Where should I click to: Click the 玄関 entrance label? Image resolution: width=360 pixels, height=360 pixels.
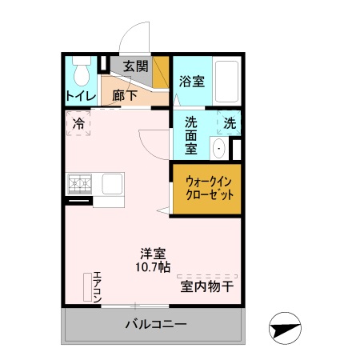pyautogui.click(x=135, y=66)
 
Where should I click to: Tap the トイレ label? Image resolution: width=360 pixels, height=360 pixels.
pyautogui.click(x=80, y=96)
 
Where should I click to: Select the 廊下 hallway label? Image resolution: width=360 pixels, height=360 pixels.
pyautogui.click(x=123, y=94)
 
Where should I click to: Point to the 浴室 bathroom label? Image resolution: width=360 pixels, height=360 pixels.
pyautogui.click(x=190, y=81)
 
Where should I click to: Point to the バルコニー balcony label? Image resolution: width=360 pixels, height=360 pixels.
pyautogui.click(x=155, y=326)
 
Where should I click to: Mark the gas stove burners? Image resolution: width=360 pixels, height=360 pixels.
pyautogui.click(x=80, y=184)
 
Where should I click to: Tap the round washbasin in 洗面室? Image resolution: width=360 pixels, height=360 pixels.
pyautogui.click(x=218, y=148)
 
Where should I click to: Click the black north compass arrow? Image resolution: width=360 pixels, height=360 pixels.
pyautogui.click(x=286, y=328)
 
